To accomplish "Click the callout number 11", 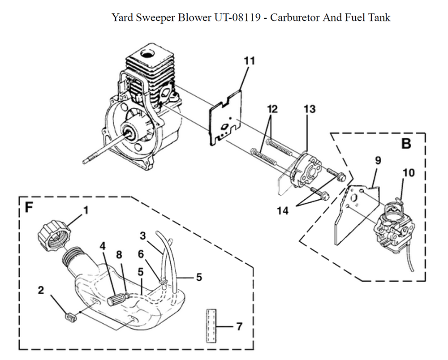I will [250, 61].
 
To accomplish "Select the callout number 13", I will [309, 109].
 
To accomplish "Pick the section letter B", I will [406, 144].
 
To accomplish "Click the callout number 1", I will [86, 209].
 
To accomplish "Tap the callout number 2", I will [41, 290].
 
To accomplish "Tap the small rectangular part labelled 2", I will [71, 317].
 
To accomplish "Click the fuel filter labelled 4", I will [117, 297].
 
